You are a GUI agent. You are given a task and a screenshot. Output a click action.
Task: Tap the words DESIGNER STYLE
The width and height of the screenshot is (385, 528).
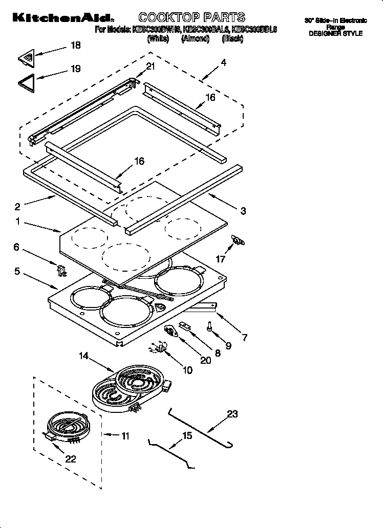pyautogui.click(x=335, y=33)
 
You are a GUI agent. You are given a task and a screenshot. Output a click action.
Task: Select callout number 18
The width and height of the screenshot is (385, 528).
pyautogui.click(x=75, y=46)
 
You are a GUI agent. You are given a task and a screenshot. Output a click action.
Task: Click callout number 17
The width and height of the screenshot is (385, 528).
pyautogui.click(x=221, y=259)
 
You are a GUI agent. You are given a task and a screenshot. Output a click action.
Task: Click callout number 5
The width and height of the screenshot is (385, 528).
pyautogui.click(x=17, y=272)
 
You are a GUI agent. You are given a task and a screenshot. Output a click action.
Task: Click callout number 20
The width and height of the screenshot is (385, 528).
pyautogui.click(x=205, y=360)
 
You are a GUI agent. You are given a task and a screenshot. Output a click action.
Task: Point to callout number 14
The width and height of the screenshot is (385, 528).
pyautogui.click(x=84, y=355)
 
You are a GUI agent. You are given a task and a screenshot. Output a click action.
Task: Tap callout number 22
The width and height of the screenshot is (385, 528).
pyautogui.click(x=71, y=459)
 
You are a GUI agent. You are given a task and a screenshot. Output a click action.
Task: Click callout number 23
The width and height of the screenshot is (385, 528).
pyautogui.click(x=232, y=414)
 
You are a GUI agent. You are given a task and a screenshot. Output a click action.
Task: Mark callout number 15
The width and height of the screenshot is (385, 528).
pyautogui.click(x=187, y=435)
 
